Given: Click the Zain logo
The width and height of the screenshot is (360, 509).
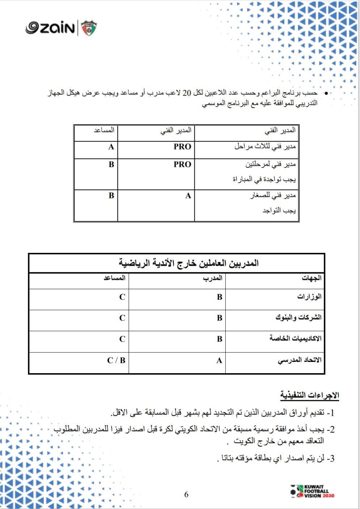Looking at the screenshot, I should pyautogui.click(x=50, y=28).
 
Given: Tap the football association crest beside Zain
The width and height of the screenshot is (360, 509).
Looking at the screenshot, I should pyautogui.click(x=89, y=28).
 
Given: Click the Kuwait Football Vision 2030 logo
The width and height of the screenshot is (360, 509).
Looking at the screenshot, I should pyautogui.click(x=312, y=491).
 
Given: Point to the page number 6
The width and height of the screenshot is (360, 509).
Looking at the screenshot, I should pyautogui.click(x=186, y=494).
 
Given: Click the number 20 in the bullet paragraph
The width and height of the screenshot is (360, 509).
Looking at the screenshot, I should pyautogui.click(x=186, y=93).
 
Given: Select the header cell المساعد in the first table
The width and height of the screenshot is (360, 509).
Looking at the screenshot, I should pyautogui.click(x=104, y=130).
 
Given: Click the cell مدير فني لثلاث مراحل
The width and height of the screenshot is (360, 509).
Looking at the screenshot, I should pyautogui.click(x=265, y=147).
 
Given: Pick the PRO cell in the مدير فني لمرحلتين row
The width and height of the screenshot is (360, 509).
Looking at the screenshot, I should pyautogui.click(x=182, y=165).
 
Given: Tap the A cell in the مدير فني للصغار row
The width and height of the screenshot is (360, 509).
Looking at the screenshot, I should pyautogui.click(x=188, y=196).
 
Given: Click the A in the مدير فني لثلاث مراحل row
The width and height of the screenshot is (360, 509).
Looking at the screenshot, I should pyautogui.click(x=111, y=147).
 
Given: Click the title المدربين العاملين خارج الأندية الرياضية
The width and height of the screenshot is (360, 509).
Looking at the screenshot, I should pyautogui.click(x=189, y=263).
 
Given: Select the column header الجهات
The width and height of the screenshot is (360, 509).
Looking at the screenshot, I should pyautogui.click(x=311, y=278).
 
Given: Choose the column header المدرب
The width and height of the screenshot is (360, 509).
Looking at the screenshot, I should pyautogui.click(x=212, y=278).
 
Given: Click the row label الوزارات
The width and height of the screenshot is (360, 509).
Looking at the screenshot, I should pyautogui.click(x=309, y=297).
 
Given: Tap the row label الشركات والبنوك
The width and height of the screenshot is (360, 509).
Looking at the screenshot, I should pyautogui.click(x=298, y=318).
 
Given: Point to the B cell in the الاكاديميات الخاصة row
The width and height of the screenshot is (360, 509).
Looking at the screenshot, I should pyautogui.click(x=219, y=339).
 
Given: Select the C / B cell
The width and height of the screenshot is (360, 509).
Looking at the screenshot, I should pyautogui.click(x=116, y=360).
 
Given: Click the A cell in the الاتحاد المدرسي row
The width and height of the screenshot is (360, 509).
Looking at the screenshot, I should pyautogui.click(x=219, y=360).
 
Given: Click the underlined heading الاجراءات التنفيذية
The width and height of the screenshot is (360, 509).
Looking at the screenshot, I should pyautogui.click(x=310, y=395).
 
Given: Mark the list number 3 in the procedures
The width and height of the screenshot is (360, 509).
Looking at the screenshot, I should pyautogui.click(x=332, y=459).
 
